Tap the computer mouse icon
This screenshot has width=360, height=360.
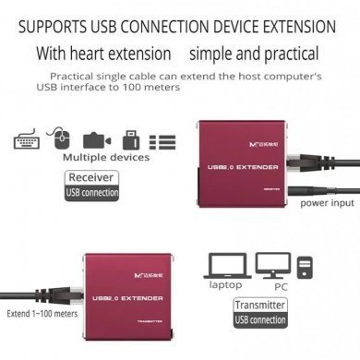click(x=62, y=140)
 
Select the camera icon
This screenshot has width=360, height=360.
click(x=96, y=141)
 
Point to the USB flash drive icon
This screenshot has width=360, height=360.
click(x=130, y=141)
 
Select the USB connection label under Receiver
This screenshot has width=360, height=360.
click(x=92, y=193)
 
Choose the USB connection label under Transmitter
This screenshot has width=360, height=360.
click(x=259, y=320)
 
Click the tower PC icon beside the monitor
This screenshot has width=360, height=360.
click(x=304, y=269)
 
